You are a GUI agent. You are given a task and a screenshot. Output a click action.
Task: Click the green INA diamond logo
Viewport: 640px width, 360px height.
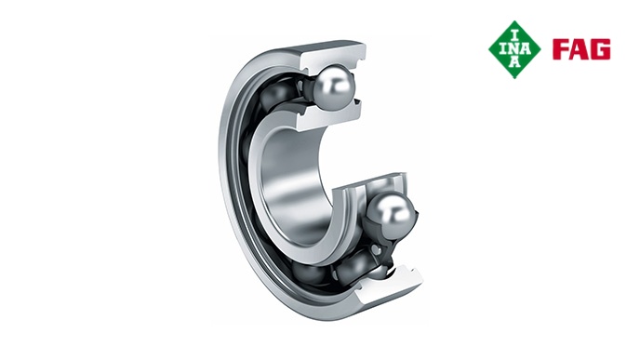(514, 49)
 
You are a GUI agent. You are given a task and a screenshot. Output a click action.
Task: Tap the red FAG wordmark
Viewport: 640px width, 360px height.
(581, 49)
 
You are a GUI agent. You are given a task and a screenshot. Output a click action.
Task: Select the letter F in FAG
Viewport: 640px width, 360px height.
(560, 49)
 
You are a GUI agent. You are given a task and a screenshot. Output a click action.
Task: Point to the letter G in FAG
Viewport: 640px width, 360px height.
(602, 49)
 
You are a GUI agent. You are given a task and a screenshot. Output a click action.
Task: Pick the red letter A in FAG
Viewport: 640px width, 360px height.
(581, 49)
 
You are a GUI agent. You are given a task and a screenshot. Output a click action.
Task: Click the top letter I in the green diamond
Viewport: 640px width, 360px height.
(514, 35)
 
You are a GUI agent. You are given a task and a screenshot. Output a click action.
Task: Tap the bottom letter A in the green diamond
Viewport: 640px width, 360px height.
(514, 62)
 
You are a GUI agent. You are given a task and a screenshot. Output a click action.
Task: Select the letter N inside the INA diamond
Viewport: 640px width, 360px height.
(514, 49)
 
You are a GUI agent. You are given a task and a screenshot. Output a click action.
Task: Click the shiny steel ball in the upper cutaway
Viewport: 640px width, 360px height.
(333, 87)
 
